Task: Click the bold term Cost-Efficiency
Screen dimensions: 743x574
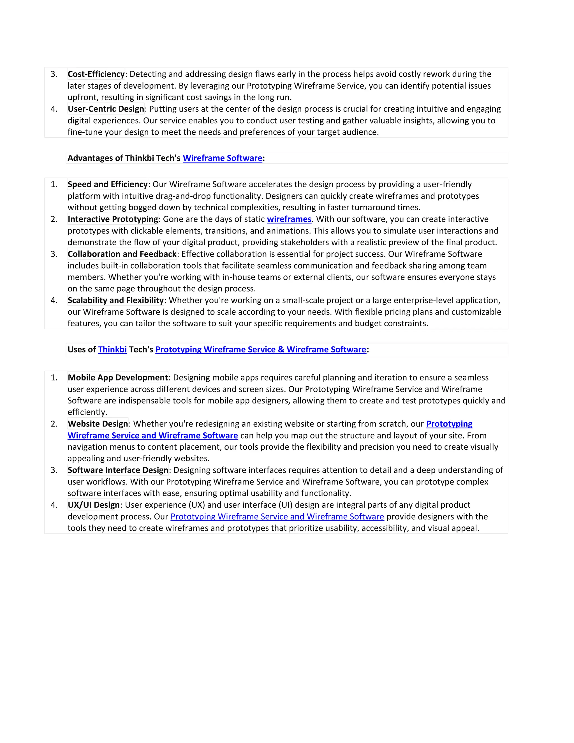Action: pyautogui.click(x=96, y=74)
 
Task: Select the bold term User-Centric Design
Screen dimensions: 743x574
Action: pyautogui.click(x=106, y=109)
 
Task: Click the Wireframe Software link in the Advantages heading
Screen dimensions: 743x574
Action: pyautogui.click(x=222, y=158)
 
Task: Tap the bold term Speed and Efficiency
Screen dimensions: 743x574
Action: pyautogui.click(x=107, y=184)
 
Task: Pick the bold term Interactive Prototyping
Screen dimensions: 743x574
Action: pyautogui.click(x=113, y=219)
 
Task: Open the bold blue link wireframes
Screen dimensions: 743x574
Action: pyautogui.click(x=289, y=219)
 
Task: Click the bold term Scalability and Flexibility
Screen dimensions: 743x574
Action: pyautogui.click(x=116, y=300)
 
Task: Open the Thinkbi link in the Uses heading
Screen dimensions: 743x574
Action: pyautogui.click(x=112, y=350)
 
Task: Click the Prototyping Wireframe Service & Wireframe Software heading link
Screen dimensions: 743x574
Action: pyautogui.click(x=260, y=350)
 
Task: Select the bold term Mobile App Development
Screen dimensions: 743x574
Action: pyautogui.click(x=118, y=378)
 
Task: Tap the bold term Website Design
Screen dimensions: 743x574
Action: pyautogui.click(x=98, y=424)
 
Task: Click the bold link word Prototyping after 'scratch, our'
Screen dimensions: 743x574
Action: pyautogui.click(x=449, y=424)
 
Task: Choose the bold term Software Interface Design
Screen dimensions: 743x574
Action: pyautogui.click(x=118, y=470)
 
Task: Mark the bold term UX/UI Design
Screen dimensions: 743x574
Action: pyautogui.click(x=94, y=505)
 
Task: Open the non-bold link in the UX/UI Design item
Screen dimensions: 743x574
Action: pyautogui.click(x=277, y=517)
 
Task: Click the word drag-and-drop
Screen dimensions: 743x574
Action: pyautogui.click(x=183, y=196)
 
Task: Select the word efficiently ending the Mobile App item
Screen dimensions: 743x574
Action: pyautogui.click(x=87, y=412)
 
